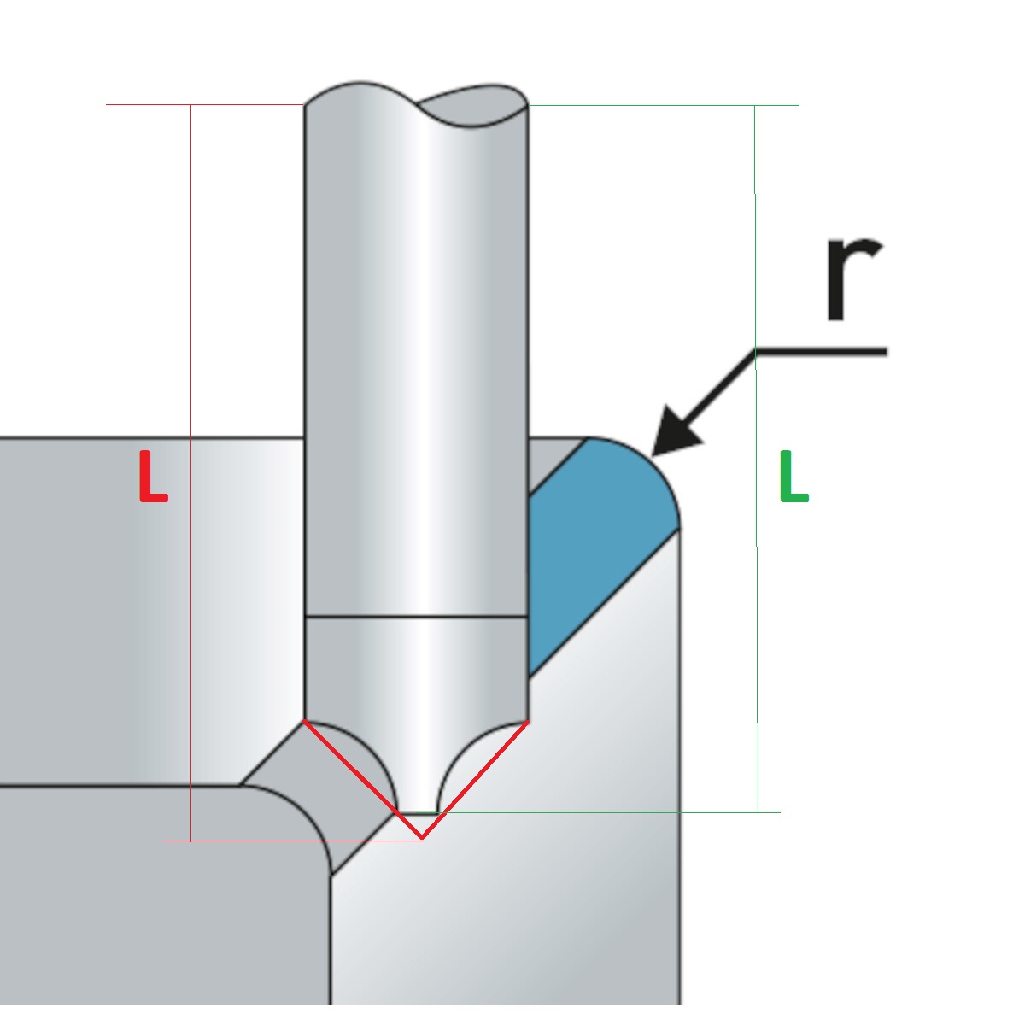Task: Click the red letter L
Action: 153,476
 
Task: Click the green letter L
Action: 794,476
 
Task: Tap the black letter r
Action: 853,279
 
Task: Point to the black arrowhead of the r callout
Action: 675,432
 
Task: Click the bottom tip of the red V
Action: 422,838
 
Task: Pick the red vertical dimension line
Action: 191,472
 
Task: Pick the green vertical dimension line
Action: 757,459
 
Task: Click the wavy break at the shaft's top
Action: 416,104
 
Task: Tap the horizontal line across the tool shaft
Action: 416,617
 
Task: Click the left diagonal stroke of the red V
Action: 363,779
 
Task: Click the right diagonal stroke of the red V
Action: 475,780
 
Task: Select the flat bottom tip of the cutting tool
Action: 418,812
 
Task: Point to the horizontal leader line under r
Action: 822,351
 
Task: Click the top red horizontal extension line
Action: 205,104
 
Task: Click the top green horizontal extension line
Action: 664,105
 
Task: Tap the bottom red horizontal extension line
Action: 293,841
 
